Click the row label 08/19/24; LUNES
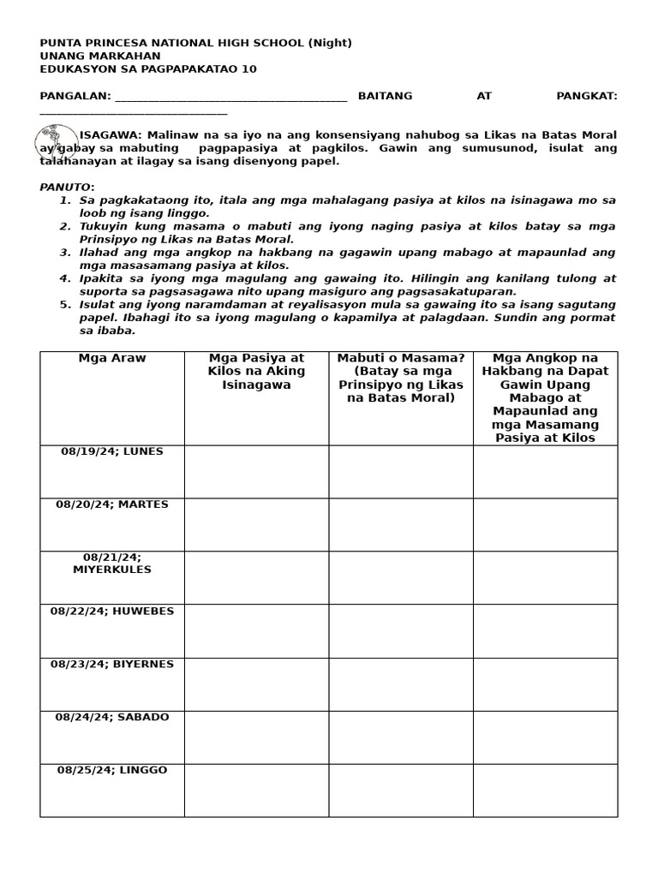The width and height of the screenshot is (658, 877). click(x=111, y=451)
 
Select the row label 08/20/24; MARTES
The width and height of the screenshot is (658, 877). click(x=111, y=504)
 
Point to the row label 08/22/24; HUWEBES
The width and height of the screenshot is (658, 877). click(x=111, y=611)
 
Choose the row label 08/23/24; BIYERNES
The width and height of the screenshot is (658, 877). click(x=111, y=664)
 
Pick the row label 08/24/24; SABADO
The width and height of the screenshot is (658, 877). click(x=111, y=717)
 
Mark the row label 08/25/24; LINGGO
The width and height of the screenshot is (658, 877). click(x=111, y=770)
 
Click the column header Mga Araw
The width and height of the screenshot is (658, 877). click(x=111, y=358)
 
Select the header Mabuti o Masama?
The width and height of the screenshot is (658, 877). click(x=400, y=358)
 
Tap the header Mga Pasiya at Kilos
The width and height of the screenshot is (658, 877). click(x=256, y=365)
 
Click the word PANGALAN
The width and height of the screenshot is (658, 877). click(x=74, y=96)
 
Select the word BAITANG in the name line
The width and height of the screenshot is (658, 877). click(x=385, y=96)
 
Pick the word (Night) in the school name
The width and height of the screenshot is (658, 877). click(x=329, y=43)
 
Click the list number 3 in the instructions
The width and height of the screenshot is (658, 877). click(x=64, y=253)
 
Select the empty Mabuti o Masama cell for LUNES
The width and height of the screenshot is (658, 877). click(x=400, y=471)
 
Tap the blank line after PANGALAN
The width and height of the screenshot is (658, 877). click(x=230, y=98)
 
